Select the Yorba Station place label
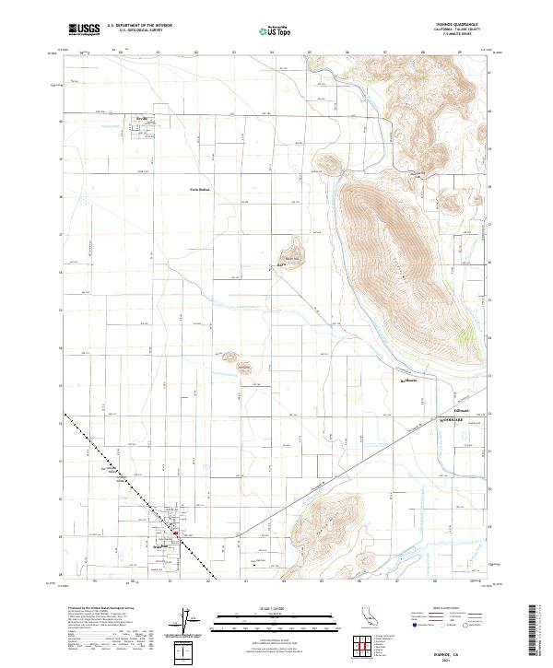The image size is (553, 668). pyautogui.click(x=200, y=191)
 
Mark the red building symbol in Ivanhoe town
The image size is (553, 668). pyautogui.click(x=177, y=532)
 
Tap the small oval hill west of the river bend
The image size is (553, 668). pyautogui.click(x=326, y=166)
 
